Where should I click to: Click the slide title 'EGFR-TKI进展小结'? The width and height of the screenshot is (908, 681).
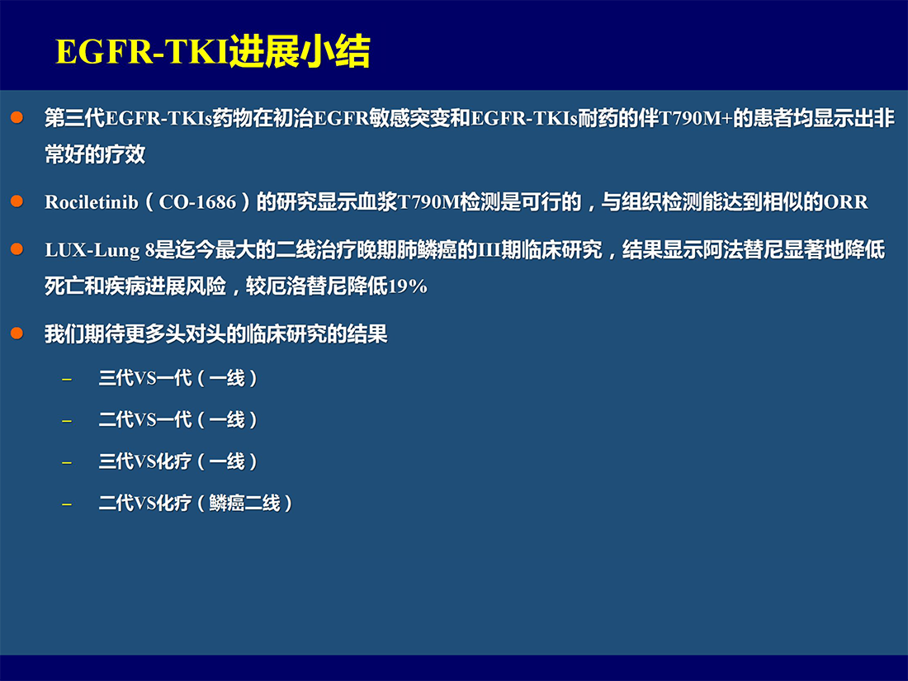pos(212,51)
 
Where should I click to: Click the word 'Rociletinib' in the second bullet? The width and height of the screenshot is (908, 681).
pos(92,202)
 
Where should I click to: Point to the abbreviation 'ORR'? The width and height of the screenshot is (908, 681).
pos(846,202)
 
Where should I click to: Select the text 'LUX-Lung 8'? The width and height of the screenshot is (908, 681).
pos(100,250)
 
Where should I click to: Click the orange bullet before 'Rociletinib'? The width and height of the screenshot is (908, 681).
pos(17,201)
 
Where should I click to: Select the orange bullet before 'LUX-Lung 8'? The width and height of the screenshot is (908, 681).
pos(17,249)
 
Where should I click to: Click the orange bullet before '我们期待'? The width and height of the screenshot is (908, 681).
pos(17,333)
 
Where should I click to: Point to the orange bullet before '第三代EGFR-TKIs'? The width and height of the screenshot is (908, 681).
pos(17,117)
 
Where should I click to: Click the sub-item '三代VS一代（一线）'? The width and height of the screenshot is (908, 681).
pos(177,378)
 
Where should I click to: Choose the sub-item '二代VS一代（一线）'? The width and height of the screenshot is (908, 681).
pos(177,420)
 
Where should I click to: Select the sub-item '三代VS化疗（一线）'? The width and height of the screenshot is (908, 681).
pos(177,461)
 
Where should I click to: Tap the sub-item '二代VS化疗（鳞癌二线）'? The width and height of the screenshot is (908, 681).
pos(196,504)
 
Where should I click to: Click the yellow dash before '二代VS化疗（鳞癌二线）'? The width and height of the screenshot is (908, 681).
pos(67,504)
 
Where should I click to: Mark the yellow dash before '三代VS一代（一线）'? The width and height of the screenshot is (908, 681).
pos(67,380)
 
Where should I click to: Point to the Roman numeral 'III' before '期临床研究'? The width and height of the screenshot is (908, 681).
pos(489,250)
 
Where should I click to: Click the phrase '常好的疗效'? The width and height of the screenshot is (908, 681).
pos(95,154)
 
